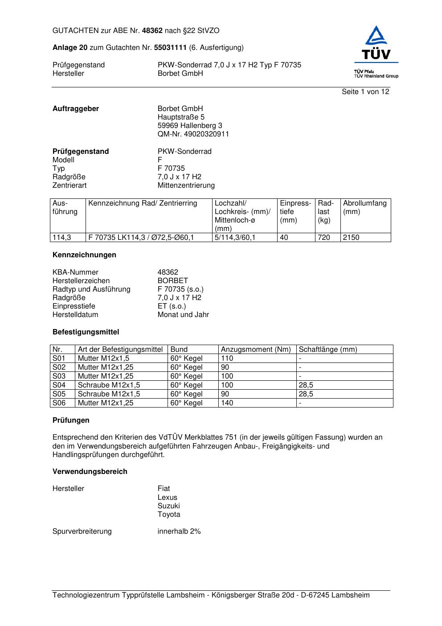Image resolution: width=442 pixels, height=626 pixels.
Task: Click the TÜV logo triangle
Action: point(377,36)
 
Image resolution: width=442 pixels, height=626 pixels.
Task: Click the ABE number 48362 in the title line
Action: point(152,31)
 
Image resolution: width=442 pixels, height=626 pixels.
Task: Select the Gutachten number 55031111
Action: point(170,48)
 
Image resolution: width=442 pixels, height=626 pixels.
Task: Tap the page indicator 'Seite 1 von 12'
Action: point(365,92)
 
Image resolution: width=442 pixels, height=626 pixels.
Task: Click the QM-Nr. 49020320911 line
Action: point(193,134)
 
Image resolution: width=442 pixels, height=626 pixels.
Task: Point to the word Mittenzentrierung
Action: point(186,185)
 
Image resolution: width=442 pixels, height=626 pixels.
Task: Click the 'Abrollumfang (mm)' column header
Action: point(364,207)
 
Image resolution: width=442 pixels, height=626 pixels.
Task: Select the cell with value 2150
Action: point(351,238)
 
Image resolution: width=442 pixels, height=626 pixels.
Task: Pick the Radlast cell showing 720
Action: point(324,238)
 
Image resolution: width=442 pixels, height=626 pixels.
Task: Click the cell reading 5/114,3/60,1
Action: point(235,238)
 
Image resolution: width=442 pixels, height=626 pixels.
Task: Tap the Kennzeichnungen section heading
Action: point(84,255)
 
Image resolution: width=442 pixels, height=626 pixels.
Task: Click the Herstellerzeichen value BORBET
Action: point(172,281)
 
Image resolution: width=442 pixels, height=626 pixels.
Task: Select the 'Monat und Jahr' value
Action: point(183,315)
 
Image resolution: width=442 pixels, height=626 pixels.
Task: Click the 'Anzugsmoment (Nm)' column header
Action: point(256,350)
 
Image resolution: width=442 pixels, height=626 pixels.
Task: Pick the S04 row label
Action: point(59,385)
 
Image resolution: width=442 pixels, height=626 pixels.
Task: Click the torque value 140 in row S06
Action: point(227,403)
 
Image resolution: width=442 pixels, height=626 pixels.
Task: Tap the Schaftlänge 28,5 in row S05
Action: point(306,394)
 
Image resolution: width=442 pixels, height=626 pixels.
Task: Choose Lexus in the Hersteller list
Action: point(167,498)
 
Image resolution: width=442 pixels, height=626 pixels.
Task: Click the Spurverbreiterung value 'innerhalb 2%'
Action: point(179,531)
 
